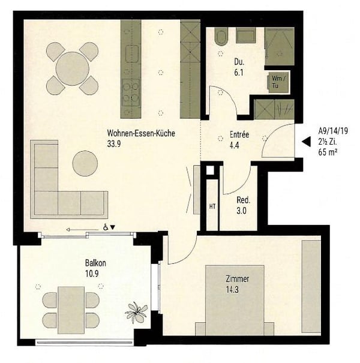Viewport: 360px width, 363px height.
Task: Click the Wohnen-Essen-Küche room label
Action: [x=141, y=133]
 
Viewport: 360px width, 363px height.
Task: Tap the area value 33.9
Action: [x=115, y=143]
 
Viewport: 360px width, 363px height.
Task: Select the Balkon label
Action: [x=95, y=263]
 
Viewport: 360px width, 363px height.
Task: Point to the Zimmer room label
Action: [x=237, y=279]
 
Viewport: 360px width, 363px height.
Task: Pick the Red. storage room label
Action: [x=243, y=201]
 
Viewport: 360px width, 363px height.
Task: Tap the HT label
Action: [x=212, y=206]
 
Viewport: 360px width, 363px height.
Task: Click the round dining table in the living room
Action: [x=72, y=68]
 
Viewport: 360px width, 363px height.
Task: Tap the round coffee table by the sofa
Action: [x=85, y=163]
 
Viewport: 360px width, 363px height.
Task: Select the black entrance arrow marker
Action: [x=305, y=142]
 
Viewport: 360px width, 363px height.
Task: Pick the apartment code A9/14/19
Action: [x=332, y=130]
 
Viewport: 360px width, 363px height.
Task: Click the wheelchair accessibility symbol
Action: [x=106, y=227]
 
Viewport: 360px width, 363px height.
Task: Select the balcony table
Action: [x=71, y=310]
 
